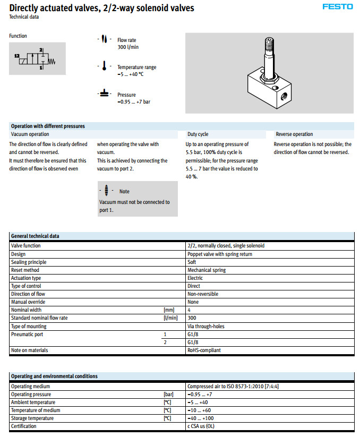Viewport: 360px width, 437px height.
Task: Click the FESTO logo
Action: tap(337, 7)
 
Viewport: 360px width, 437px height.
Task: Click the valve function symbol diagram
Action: tap(37, 59)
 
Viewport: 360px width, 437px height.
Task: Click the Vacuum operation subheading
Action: tap(30, 134)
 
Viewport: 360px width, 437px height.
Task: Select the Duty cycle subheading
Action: tap(198, 134)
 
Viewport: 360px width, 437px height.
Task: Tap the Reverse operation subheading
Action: tap(294, 134)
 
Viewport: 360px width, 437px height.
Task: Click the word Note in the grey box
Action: tap(124, 191)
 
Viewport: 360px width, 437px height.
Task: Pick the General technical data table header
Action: tap(35, 236)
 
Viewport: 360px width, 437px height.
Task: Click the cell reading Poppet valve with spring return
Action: tap(220, 254)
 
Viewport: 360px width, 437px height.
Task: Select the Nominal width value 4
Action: tap(189, 310)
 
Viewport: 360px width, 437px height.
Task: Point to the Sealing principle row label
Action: tap(29, 262)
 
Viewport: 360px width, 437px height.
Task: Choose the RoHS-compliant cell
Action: tap(204, 350)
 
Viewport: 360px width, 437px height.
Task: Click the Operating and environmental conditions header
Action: tap(54, 376)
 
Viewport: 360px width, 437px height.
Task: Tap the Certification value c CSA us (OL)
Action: tap(201, 426)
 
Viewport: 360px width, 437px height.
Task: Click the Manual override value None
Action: tap(193, 302)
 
